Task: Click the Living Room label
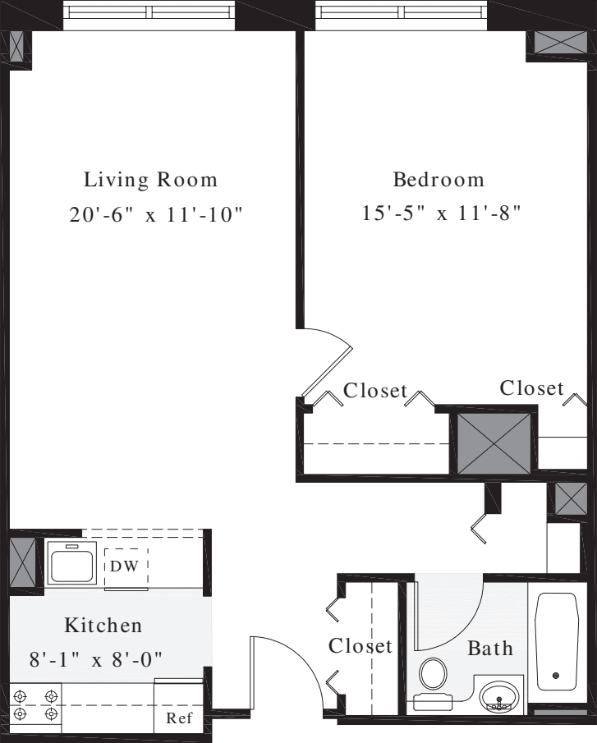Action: tap(151, 180)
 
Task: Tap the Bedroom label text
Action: tap(439, 180)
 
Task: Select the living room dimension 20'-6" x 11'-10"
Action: tap(156, 215)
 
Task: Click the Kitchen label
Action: tap(103, 626)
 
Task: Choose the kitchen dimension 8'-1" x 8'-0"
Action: tap(103, 659)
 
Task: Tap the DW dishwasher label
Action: tap(126, 566)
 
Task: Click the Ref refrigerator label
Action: tap(178, 717)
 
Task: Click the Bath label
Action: tap(490, 649)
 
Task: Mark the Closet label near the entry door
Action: tap(360, 646)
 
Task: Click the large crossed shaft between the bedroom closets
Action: tap(494, 442)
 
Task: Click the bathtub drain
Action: tap(556, 676)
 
